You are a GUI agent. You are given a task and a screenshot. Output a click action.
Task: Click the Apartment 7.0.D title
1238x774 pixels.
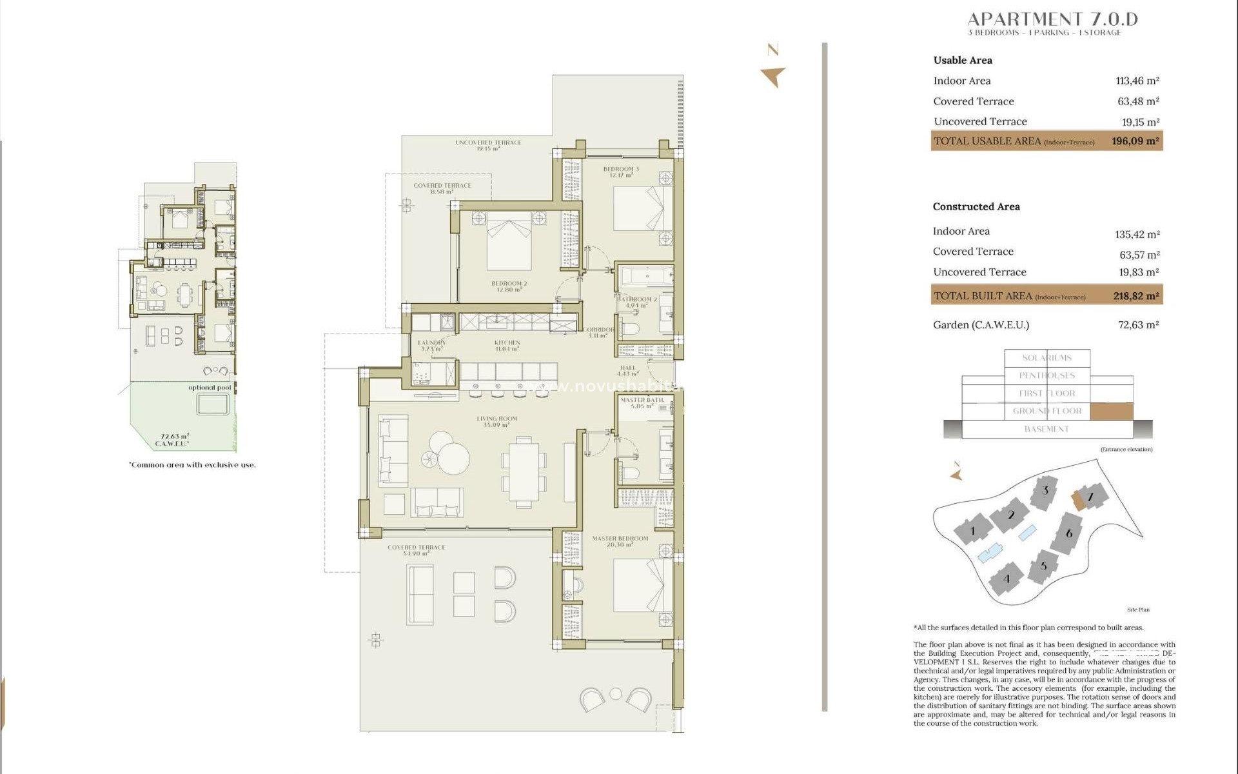[x=1052, y=19]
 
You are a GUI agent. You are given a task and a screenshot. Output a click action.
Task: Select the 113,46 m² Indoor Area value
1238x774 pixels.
[x=1137, y=81]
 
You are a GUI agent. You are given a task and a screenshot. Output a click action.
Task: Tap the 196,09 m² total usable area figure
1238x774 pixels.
[x=1135, y=141]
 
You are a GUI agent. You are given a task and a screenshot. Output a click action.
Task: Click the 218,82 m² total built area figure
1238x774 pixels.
[x=1135, y=296]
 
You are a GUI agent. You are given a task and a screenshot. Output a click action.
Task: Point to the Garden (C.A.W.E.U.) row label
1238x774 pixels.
[x=981, y=325]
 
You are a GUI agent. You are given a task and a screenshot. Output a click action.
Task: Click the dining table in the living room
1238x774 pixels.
[x=524, y=471]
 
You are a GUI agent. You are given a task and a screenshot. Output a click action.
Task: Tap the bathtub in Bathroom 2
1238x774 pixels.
[x=645, y=277]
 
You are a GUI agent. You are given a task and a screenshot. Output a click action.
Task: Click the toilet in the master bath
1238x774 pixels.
[x=629, y=474]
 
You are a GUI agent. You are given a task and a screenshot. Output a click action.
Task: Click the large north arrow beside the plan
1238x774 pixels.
[x=773, y=75]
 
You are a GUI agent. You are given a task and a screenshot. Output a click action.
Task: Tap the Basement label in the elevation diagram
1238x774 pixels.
[x=1046, y=429]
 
